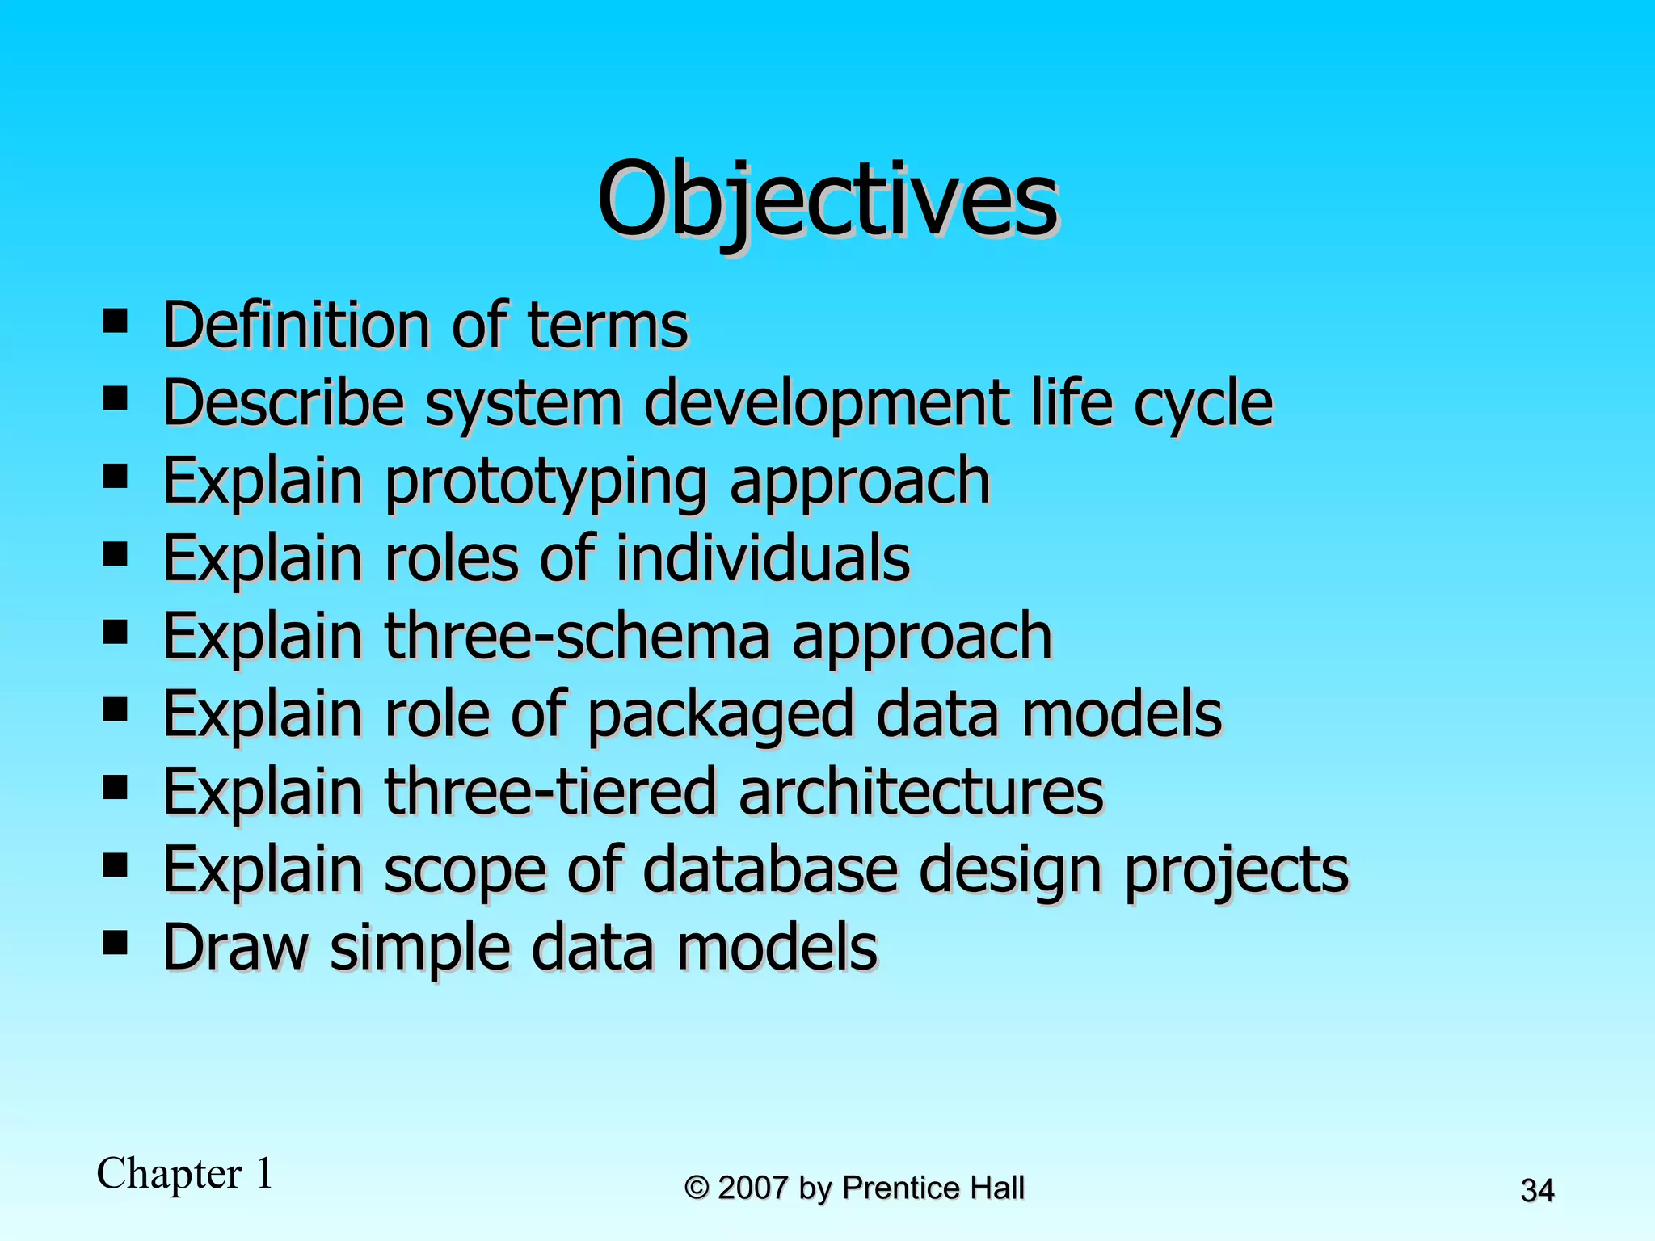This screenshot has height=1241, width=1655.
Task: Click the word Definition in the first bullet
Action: click(x=296, y=325)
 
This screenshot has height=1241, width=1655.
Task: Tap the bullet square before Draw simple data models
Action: click(x=116, y=942)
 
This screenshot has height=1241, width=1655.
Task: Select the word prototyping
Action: click(x=545, y=482)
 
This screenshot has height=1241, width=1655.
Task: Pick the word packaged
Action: click(x=720, y=715)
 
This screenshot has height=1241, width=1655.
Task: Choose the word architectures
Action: click(x=920, y=792)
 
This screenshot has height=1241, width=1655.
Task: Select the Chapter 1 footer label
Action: click(x=185, y=1173)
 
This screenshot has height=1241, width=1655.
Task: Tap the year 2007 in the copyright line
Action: click(x=752, y=1188)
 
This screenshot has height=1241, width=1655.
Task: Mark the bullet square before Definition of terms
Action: click(x=116, y=321)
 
